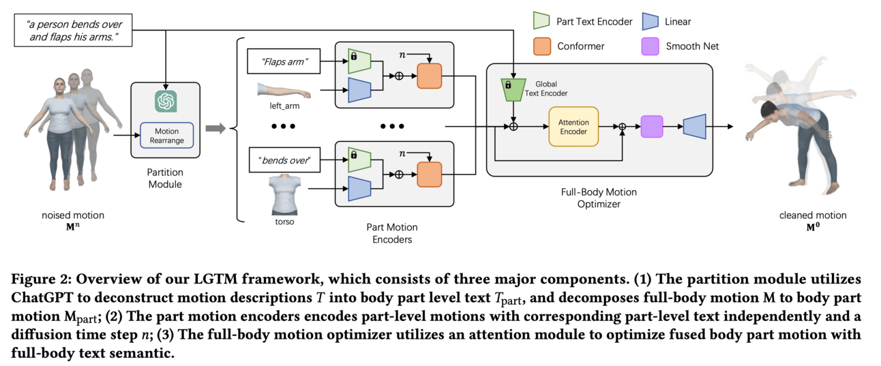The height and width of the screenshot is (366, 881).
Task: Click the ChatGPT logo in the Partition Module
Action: (166, 101)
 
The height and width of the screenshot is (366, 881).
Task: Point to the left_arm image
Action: (284, 90)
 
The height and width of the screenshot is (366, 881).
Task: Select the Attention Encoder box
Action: (573, 126)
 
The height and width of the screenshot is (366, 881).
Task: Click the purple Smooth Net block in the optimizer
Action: (651, 126)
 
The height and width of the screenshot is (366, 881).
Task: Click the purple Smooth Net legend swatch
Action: (649, 46)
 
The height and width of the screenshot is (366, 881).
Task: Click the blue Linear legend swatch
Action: (649, 21)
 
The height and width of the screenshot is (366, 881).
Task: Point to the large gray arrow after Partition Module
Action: (215, 127)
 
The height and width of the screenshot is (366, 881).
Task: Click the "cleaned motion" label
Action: (813, 215)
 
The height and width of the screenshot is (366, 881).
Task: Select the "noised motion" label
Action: (72, 215)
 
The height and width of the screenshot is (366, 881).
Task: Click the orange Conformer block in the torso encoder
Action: (430, 174)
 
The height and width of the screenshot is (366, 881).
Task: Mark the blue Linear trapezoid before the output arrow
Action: (693, 126)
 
